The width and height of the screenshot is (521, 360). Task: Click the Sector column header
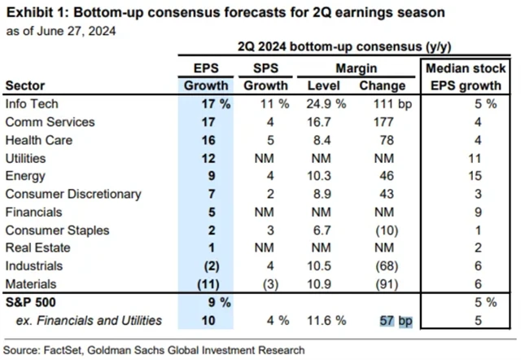[x=24, y=86]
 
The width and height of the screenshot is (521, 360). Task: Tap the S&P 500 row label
[x=28, y=301]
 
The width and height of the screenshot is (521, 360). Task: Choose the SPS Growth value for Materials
[x=268, y=283]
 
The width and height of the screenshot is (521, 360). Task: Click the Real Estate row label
[x=34, y=248]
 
